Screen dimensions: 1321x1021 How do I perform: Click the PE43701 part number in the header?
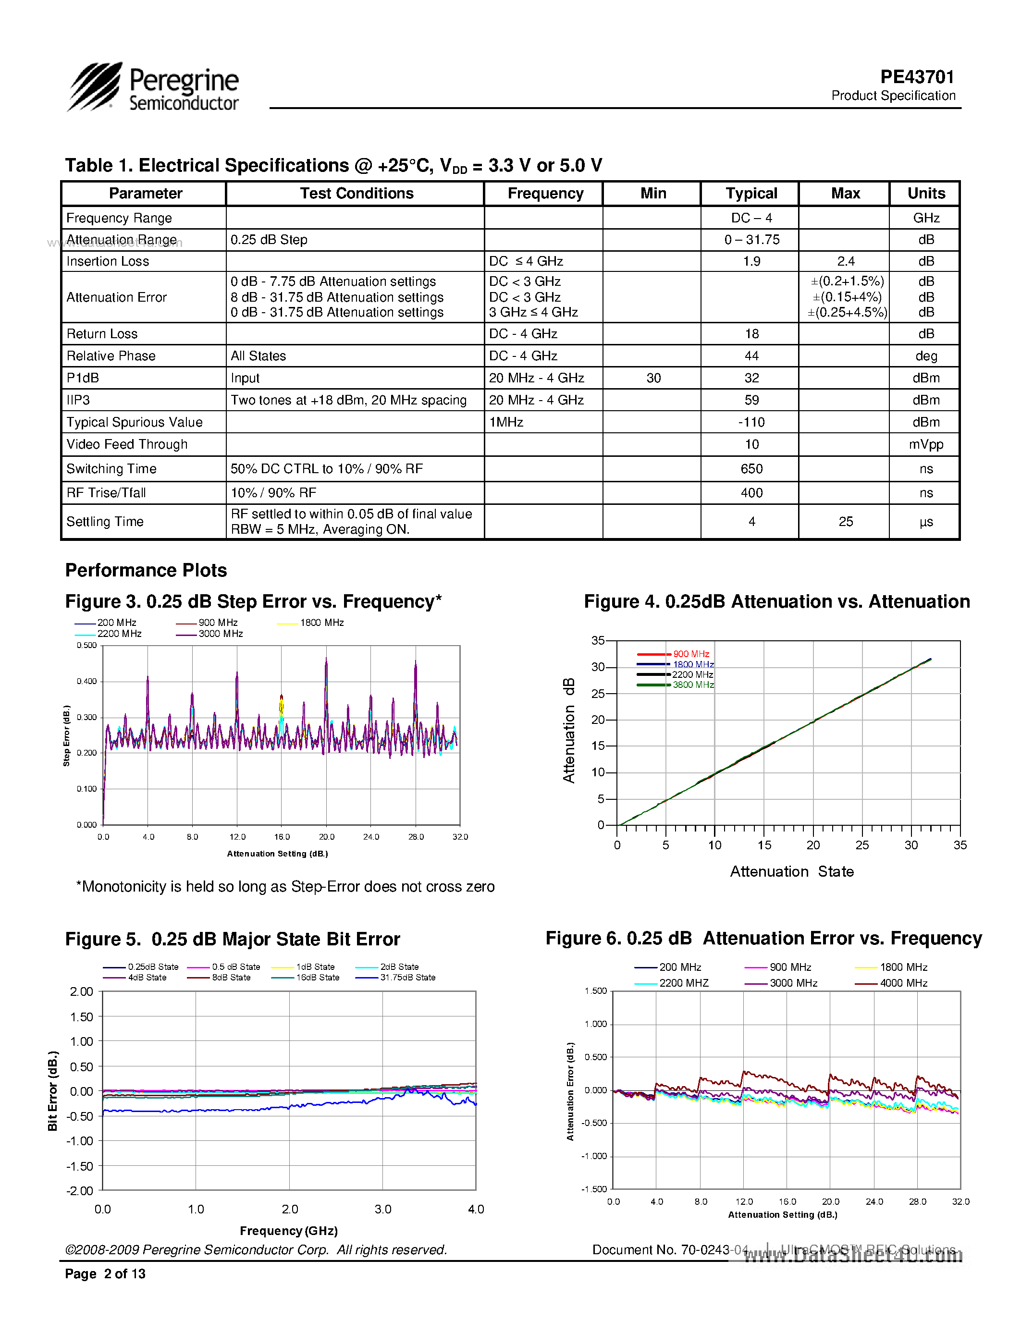pos(917,77)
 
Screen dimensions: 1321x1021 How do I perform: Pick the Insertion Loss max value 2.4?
pos(845,261)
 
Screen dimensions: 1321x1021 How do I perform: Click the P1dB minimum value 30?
pos(653,378)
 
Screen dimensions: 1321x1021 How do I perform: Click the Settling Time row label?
pos(105,521)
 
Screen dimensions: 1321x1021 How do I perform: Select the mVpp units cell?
pos(925,444)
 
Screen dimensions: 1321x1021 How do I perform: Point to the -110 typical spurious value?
pos(751,422)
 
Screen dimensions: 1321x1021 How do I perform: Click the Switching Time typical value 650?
pos(751,469)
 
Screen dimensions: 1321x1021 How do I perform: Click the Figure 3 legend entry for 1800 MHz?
pos(321,623)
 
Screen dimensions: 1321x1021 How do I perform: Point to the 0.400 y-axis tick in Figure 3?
pos(86,682)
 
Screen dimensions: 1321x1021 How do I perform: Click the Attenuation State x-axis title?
pos(791,871)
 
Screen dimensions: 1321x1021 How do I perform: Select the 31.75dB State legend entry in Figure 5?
pos(407,978)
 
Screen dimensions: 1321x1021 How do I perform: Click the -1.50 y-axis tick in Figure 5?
pos(80,1166)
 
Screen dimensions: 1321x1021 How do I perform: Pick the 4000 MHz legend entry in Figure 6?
pos(903,983)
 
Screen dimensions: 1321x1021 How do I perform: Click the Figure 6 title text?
pos(763,938)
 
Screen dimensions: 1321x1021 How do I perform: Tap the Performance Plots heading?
pos(146,570)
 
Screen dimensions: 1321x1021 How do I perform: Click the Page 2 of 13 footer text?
pos(105,1274)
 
